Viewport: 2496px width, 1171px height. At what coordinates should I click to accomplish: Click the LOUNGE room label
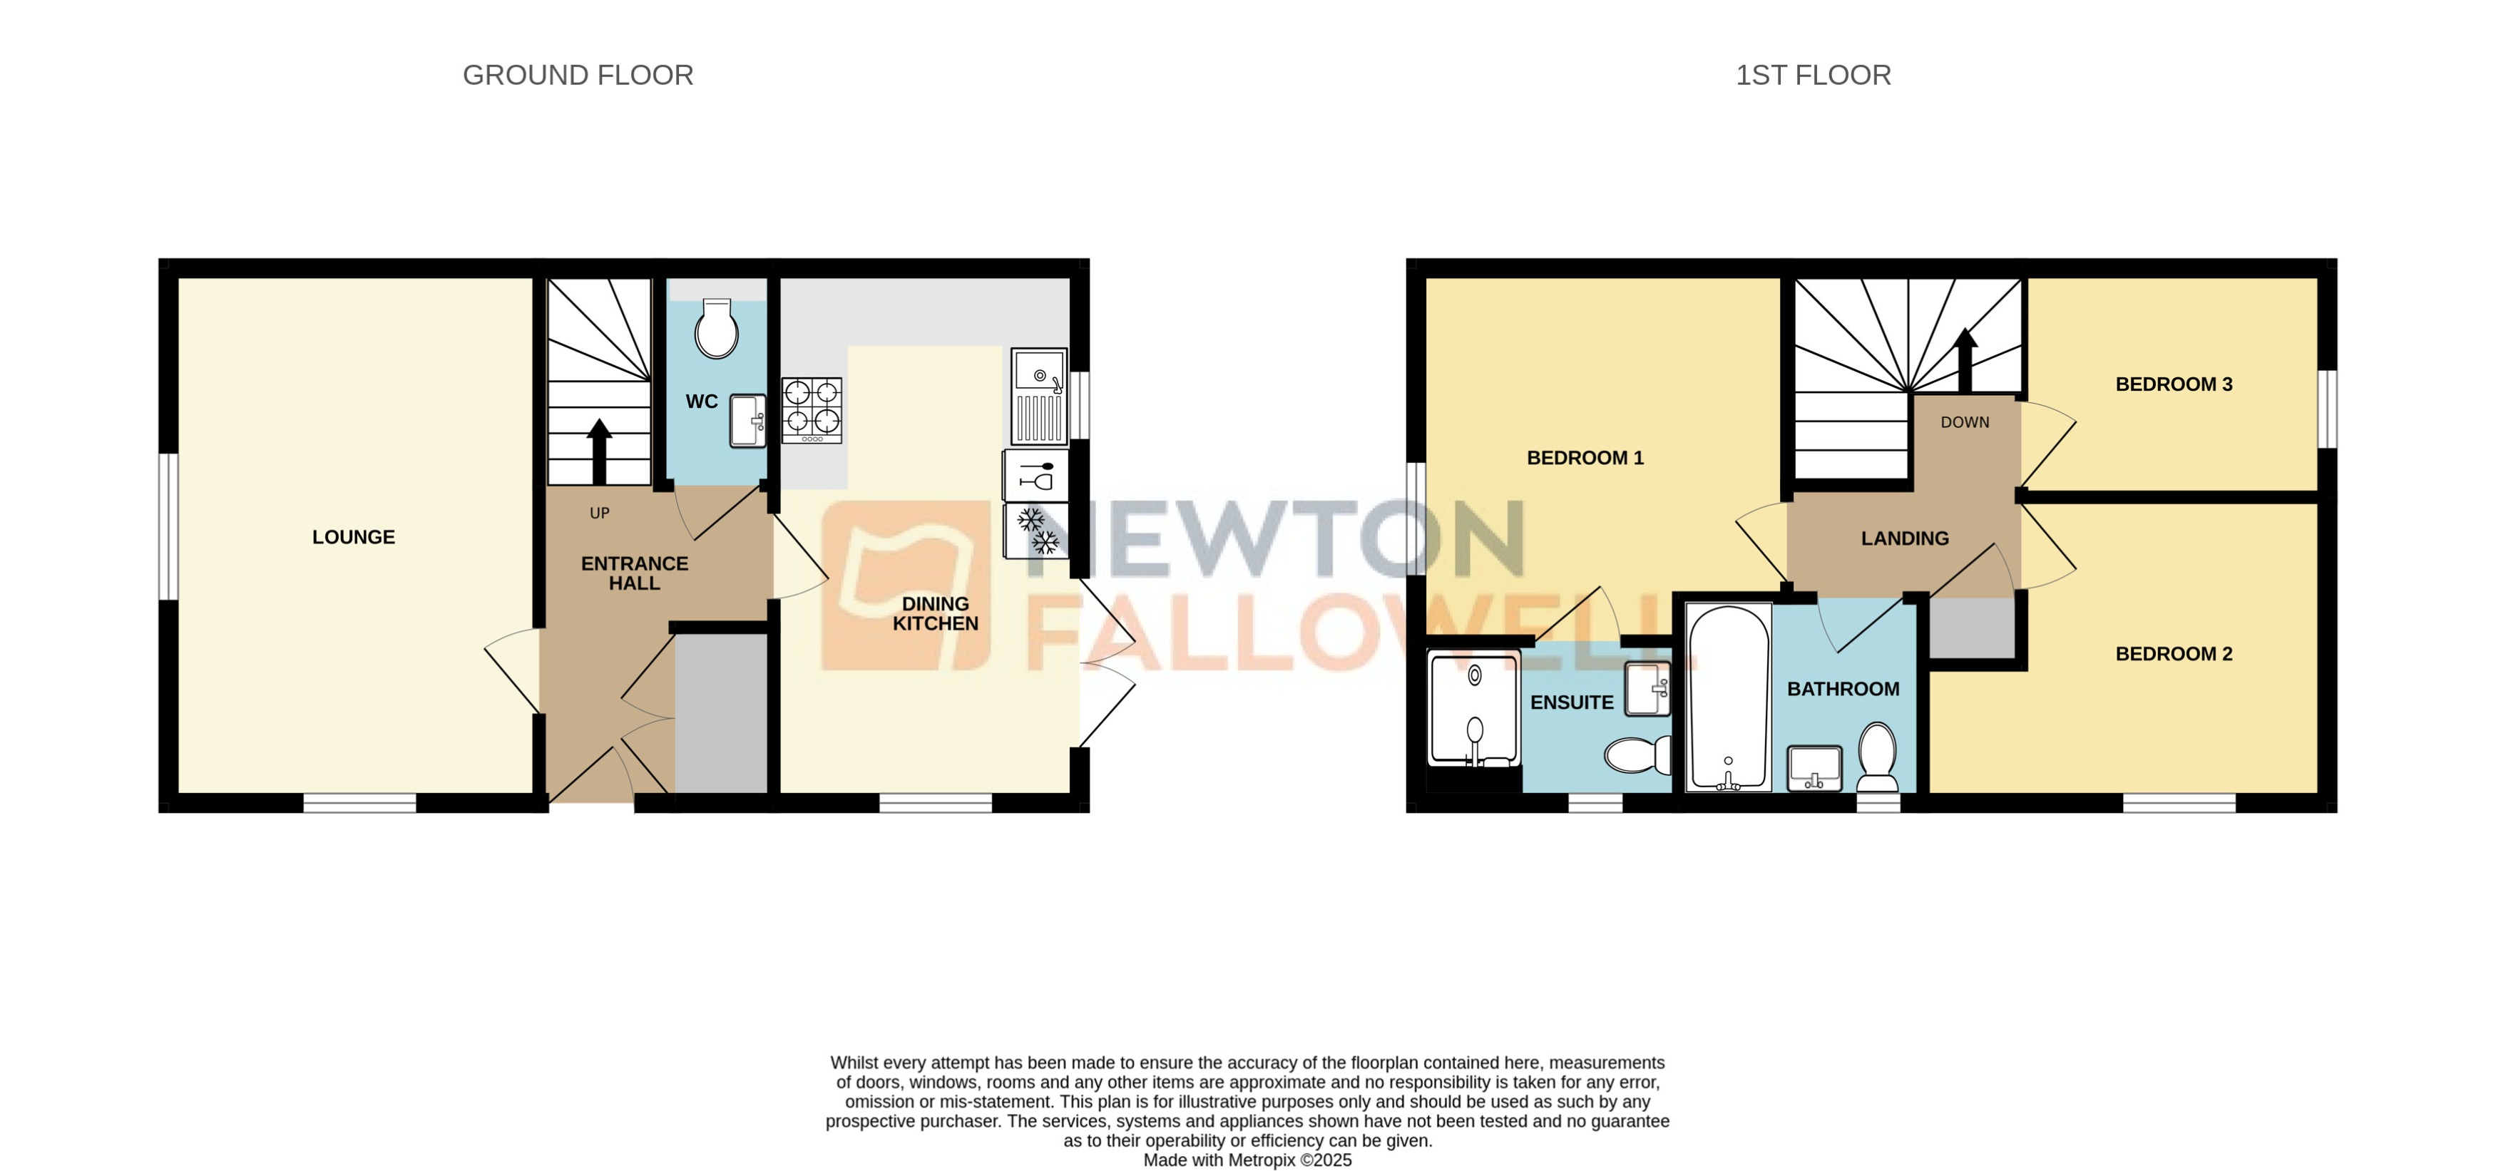[353, 536]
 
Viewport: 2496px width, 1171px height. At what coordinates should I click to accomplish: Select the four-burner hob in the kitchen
[811, 409]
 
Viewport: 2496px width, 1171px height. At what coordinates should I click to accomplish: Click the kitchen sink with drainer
[1039, 395]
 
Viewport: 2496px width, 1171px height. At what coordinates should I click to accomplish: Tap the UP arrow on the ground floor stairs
[599, 451]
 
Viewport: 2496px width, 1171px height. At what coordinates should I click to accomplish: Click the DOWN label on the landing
[1964, 422]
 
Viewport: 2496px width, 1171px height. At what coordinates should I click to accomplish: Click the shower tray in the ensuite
[1473, 709]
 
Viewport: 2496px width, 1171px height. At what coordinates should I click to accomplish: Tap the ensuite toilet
[1637, 754]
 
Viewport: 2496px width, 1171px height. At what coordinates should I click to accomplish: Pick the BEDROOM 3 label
[2174, 384]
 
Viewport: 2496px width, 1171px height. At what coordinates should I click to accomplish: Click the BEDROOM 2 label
[2174, 654]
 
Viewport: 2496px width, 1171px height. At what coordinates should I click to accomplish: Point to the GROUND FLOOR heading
[578, 75]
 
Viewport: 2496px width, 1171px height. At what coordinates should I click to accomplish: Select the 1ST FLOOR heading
[1812, 75]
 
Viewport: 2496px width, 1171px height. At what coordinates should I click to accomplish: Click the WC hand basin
[746, 420]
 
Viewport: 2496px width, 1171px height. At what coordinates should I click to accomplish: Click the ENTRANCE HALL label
[634, 573]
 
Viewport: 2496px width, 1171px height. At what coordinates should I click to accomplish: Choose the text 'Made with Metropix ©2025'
[1247, 1160]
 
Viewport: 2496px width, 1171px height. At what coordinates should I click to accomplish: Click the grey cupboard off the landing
[1972, 628]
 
